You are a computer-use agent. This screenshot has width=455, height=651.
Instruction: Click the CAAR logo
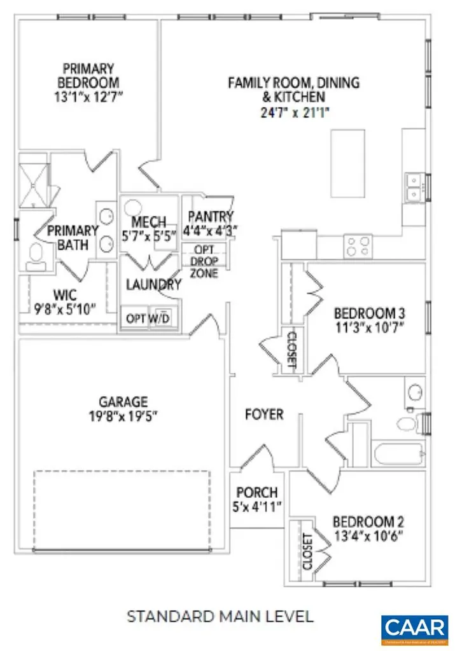tap(414, 628)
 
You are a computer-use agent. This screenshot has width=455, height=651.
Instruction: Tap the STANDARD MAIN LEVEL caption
tap(220, 616)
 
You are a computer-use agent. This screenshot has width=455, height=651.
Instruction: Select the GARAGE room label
tap(123, 402)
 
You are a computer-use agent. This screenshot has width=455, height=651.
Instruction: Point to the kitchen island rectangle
tap(347, 164)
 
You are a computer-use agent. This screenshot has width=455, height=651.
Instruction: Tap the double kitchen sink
tap(414, 186)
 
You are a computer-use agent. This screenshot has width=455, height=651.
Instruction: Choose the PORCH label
tap(257, 492)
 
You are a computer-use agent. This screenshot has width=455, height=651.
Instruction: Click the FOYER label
tap(264, 415)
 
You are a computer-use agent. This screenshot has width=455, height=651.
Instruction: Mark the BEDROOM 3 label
tap(370, 313)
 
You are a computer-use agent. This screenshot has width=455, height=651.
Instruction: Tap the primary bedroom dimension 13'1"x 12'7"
tap(88, 97)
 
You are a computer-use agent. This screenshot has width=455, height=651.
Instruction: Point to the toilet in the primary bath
tap(35, 257)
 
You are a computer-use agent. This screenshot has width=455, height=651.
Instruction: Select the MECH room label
tap(148, 223)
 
